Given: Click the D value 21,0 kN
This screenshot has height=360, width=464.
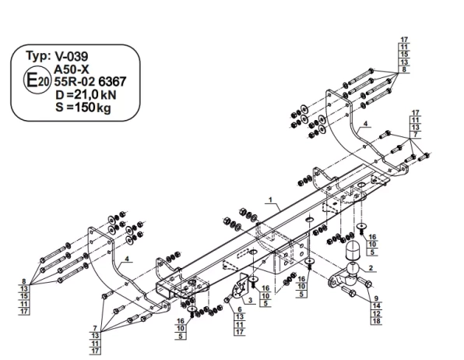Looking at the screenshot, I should (x=87, y=94).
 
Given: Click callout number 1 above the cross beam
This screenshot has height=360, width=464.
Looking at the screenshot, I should (x=270, y=200).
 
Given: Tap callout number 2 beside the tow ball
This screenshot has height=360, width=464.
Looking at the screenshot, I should (x=372, y=267).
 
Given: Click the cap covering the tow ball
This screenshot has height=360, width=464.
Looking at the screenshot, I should (x=353, y=251).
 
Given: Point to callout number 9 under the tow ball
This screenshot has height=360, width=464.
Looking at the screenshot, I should (x=376, y=298).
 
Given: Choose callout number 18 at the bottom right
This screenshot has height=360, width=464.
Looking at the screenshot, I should (x=377, y=320).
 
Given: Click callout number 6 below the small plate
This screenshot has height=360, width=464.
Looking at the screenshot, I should (x=240, y=310).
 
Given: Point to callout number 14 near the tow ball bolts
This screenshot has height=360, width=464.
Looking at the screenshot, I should (x=377, y=306).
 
